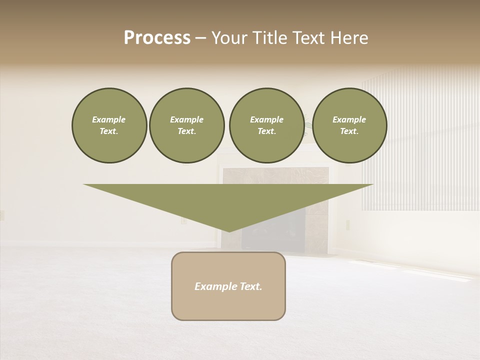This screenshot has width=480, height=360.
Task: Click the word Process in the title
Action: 157,38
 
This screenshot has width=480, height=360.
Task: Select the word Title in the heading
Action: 270,38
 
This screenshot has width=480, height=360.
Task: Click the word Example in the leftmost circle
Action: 109,119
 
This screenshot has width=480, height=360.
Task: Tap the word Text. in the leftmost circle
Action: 109,131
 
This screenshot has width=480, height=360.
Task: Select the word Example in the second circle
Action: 186,119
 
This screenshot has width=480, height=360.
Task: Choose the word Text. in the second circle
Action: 186,131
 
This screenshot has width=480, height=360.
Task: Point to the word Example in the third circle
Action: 266,119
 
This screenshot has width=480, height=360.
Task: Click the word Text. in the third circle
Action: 266,131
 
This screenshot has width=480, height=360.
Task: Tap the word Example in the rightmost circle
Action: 349,119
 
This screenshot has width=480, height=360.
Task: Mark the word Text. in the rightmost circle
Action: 349,131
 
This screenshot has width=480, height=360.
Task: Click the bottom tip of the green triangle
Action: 228,231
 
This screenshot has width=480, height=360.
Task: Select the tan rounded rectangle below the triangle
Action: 228,305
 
